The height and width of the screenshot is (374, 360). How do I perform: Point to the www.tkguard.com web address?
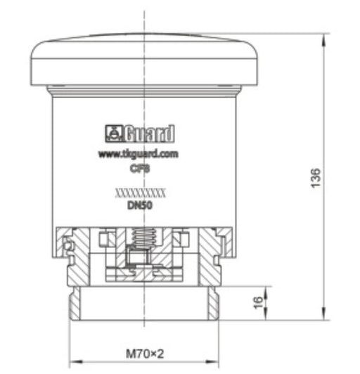coord(138,153)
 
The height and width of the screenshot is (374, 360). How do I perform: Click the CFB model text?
coord(138,167)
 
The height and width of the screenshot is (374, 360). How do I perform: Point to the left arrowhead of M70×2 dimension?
coord(73,362)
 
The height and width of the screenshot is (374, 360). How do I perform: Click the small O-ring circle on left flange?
coord(67,245)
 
